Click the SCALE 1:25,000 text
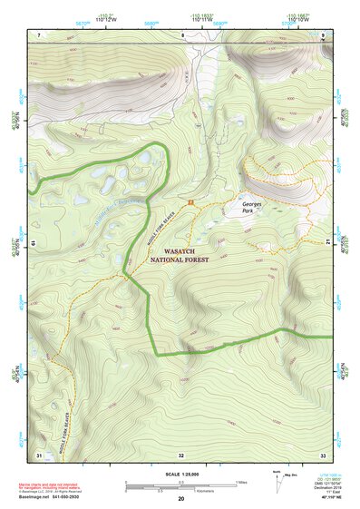(x=181, y=473)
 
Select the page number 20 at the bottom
(x=181, y=500)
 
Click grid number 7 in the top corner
(x=39, y=34)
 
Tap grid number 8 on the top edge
(x=181, y=34)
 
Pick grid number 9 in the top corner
(x=323, y=34)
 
